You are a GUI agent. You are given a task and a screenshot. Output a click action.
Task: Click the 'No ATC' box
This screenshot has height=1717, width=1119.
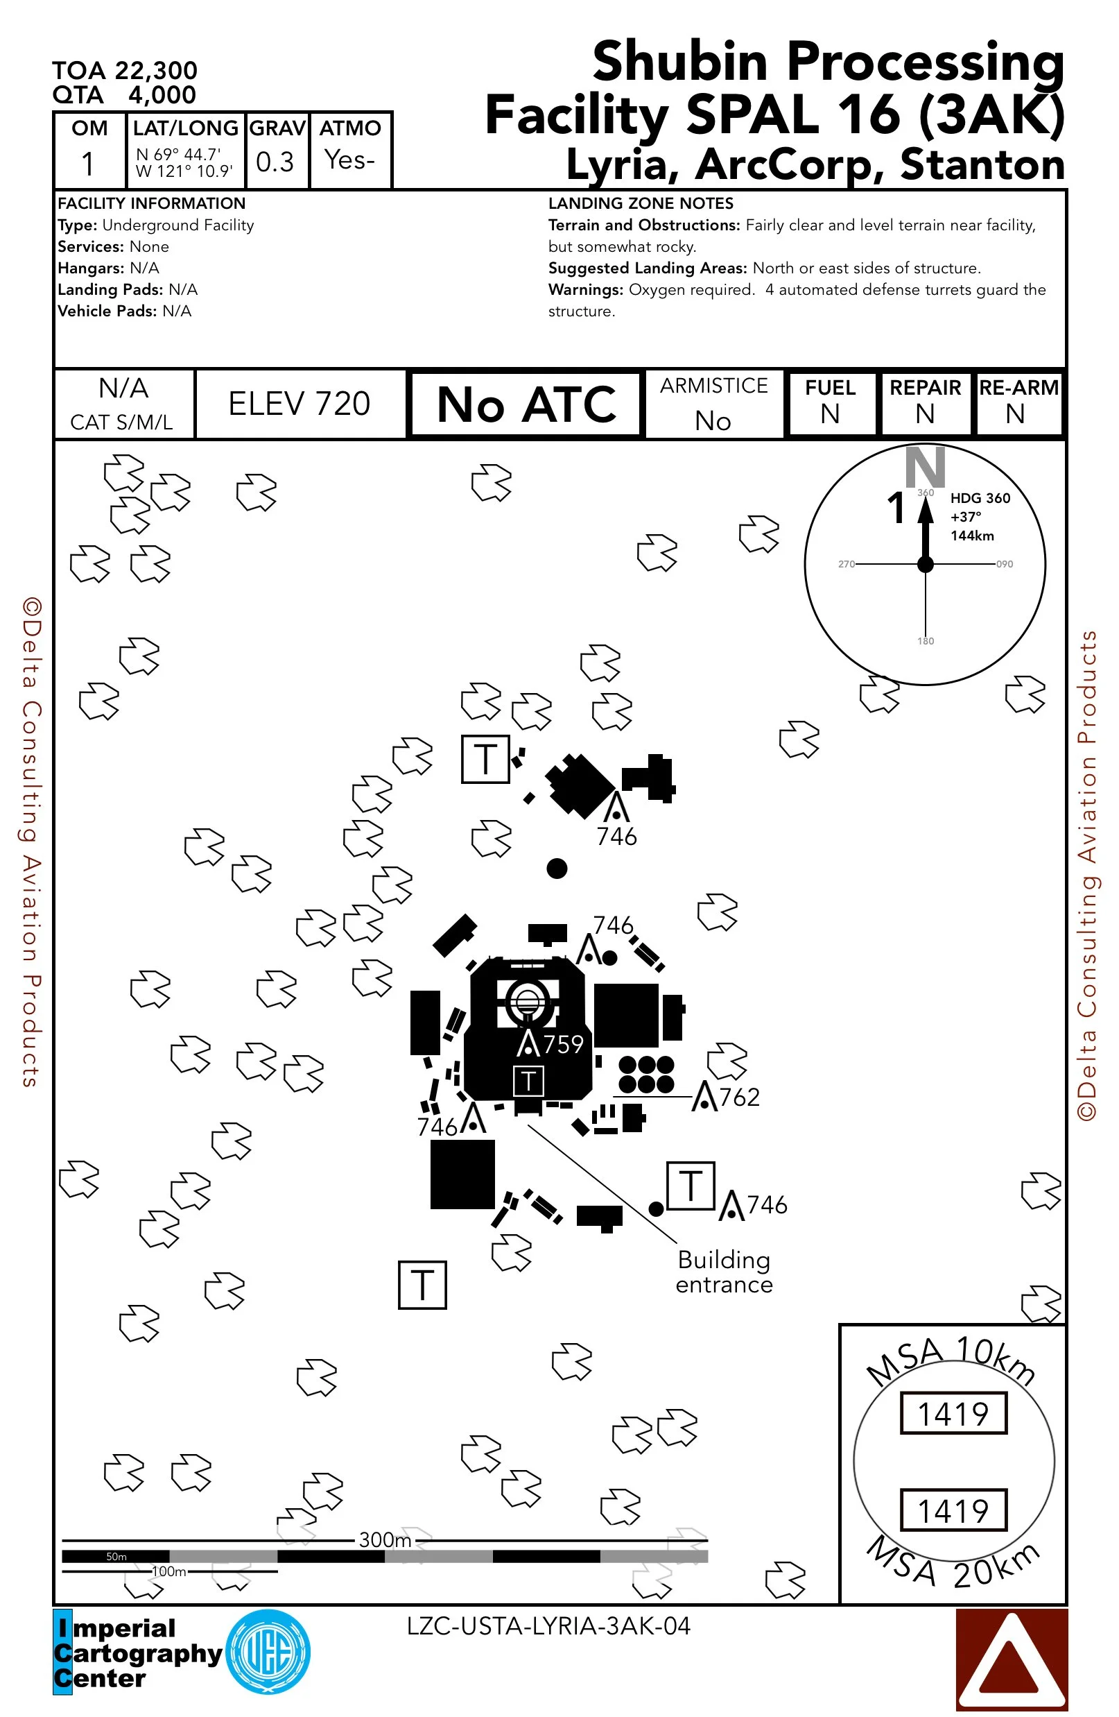526,404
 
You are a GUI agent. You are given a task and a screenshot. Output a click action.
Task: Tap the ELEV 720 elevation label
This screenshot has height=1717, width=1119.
300,404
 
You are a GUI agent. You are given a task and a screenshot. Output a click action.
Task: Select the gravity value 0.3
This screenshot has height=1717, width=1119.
275,162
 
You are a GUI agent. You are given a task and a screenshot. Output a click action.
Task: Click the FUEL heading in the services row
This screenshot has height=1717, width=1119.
830,388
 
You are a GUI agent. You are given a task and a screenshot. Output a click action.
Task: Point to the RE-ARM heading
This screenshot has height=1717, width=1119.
1018,388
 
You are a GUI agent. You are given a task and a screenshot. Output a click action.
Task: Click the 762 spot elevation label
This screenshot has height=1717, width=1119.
740,1097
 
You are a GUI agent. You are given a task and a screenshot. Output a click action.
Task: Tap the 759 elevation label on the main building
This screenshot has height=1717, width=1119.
563,1044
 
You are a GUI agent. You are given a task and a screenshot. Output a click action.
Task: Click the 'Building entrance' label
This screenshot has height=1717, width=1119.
724,1272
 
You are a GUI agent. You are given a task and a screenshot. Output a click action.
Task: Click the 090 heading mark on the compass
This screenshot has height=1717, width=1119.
1005,564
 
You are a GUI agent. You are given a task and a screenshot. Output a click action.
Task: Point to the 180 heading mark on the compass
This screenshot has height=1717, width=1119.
926,640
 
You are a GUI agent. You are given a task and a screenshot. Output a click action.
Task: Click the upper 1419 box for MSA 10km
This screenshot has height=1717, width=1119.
953,1413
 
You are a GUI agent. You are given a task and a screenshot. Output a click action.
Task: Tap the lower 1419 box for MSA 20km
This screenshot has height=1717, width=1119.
953,1510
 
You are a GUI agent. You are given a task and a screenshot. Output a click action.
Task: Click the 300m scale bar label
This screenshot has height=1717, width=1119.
385,1539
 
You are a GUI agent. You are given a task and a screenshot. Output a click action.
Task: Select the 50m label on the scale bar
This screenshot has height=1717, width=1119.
116,1556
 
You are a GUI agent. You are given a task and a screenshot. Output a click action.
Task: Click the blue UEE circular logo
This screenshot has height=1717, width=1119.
268,1652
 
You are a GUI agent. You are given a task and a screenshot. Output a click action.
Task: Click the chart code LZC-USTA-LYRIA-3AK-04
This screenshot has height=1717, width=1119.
548,1626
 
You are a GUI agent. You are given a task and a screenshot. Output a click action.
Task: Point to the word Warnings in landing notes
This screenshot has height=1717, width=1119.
585,290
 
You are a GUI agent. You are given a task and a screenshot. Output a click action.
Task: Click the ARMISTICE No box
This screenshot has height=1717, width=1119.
714,404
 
